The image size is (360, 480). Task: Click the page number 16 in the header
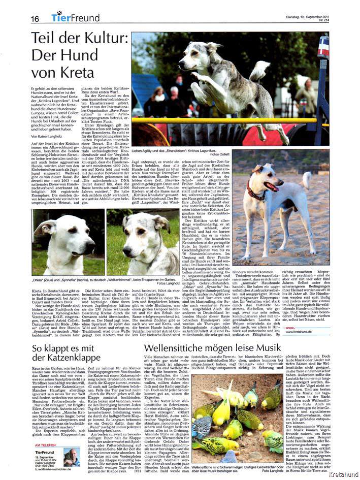click(35, 18)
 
